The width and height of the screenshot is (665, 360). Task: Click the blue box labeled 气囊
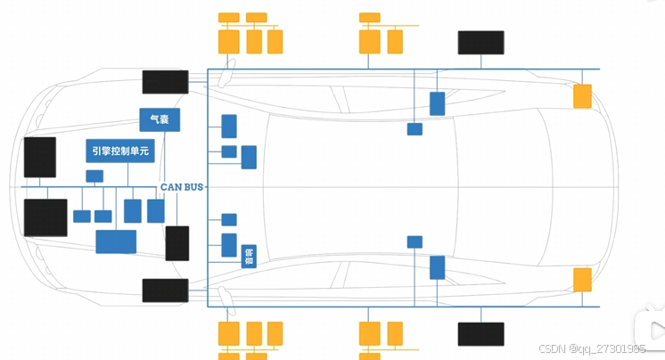pos(160,120)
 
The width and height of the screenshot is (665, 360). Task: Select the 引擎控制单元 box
pos(120,151)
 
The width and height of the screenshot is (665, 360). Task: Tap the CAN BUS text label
pos(183,187)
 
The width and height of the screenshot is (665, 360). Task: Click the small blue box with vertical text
pos(249,257)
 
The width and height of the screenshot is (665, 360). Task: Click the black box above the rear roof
pos(480,43)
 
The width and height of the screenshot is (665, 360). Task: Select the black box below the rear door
pos(480,334)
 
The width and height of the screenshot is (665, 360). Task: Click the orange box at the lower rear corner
pos(582,280)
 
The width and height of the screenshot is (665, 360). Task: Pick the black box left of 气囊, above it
pos(165,81)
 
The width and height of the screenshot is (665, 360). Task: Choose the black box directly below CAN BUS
pos(177,243)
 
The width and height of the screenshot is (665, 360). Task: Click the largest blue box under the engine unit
pos(116,241)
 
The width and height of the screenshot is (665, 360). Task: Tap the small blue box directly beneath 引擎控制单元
pos(94,176)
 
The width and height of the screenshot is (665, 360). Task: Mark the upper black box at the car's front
pos(39,158)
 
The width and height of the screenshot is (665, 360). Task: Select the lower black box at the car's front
pos(45,217)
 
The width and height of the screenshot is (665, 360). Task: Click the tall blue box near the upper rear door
pos(437,103)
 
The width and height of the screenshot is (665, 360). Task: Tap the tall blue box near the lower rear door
pos(437,267)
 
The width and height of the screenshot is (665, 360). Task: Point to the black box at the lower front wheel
pos(165,290)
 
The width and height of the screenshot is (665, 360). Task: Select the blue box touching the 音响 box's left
pos(229,245)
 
